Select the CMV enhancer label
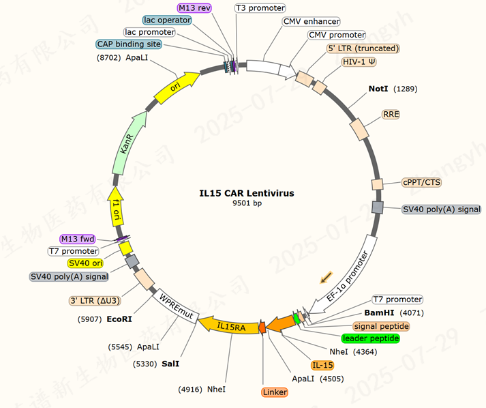coord(311,22)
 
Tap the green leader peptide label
coord(370,338)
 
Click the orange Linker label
coord(275,392)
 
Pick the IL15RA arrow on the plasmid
coord(232,327)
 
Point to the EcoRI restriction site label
coord(119,318)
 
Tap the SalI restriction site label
coord(171,364)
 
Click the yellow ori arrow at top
coord(177,88)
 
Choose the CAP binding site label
coord(129,44)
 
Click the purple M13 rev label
coord(195,8)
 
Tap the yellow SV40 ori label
coord(87,263)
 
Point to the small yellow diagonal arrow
coord(327,276)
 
